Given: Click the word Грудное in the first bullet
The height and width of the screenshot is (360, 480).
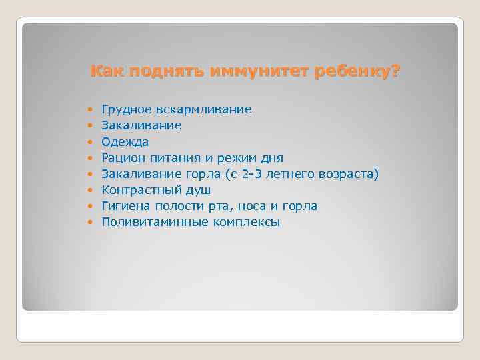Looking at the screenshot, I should click(125, 109).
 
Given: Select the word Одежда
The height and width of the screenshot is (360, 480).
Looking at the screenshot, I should click(125, 141).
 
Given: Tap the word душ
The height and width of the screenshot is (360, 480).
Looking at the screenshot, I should click(197, 190).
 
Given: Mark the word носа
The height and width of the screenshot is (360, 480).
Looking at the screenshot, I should click(256, 206).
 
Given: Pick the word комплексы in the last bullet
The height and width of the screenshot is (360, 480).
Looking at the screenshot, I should click(247, 223).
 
